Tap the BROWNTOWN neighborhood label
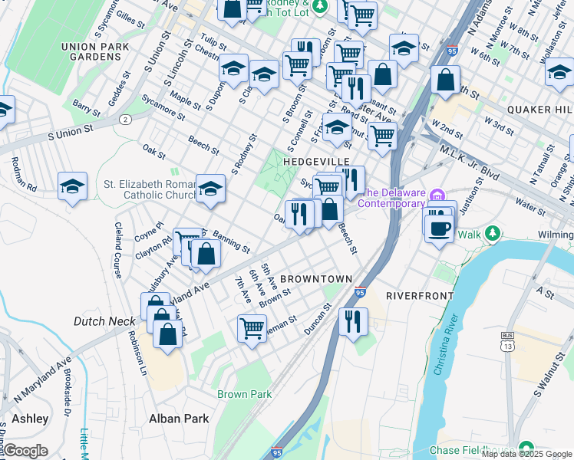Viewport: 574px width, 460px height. (x=316, y=278)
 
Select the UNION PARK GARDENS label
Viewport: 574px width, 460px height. (x=100, y=54)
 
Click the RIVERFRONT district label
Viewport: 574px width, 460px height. (x=415, y=295)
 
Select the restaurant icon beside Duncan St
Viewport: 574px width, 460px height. (x=352, y=320)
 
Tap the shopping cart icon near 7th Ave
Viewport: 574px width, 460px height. (x=252, y=327)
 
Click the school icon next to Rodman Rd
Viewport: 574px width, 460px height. (x=72, y=186)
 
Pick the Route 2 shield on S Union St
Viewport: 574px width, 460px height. (x=124, y=120)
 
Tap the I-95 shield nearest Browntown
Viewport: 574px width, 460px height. (x=361, y=293)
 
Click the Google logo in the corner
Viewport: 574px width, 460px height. (x=25, y=452)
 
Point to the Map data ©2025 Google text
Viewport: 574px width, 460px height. (x=526, y=454)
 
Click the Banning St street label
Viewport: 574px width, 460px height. (x=231, y=242)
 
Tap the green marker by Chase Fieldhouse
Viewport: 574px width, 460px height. (x=526, y=448)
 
